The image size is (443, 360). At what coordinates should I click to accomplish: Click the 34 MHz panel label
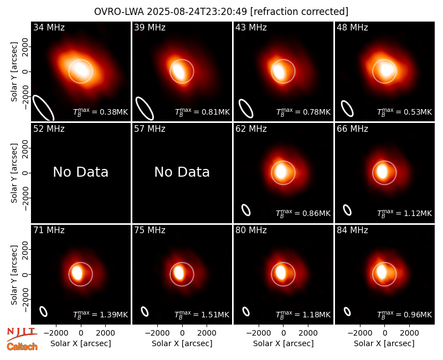49,27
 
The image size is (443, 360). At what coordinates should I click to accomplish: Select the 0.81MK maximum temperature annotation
202,112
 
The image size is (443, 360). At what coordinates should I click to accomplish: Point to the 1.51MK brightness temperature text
202,315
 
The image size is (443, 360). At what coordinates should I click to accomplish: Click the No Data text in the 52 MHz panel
80,172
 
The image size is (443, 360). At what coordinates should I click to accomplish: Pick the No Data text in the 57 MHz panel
182,172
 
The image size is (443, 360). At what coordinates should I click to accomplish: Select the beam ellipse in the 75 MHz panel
145,311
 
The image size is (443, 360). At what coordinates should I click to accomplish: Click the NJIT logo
22,333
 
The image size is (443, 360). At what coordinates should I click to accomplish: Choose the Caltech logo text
22,347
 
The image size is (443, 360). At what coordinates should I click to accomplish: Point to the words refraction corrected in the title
299,12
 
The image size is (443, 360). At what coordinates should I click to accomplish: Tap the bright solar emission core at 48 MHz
385,70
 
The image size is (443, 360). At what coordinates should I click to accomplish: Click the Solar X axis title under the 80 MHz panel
283,343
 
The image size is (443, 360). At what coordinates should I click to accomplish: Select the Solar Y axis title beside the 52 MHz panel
14,173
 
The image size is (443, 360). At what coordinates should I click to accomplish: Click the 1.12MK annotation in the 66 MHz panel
405,213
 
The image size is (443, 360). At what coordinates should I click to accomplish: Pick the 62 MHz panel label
251,129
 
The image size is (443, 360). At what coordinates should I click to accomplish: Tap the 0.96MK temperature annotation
405,315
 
